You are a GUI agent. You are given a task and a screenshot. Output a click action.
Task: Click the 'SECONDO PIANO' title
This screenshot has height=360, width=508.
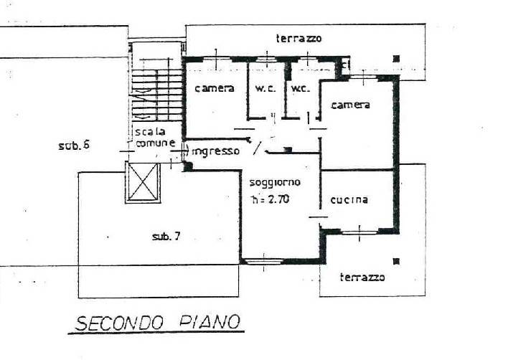click(x=158, y=323)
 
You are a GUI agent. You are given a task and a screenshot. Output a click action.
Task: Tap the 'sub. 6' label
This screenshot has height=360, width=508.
click(x=74, y=146)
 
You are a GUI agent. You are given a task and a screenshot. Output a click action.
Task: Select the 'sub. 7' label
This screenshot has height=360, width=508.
click(x=166, y=237)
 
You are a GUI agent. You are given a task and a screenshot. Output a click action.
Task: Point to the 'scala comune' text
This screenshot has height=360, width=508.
click(x=155, y=137)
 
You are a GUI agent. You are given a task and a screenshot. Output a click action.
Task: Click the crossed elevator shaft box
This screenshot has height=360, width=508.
click(x=143, y=183)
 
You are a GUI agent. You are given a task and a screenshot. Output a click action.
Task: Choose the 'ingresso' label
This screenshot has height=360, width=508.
click(x=216, y=151)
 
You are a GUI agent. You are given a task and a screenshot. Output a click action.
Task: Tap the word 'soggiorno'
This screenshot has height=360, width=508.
click(x=275, y=183)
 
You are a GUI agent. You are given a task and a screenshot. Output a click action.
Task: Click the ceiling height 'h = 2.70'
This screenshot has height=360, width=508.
click(x=271, y=199)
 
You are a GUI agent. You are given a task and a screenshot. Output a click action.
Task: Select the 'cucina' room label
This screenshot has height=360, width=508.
click(x=349, y=200)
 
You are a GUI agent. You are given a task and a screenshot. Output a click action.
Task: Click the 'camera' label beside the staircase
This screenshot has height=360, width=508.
click(x=215, y=88)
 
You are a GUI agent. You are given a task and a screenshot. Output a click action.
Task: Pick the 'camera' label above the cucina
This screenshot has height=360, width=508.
click(x=351, y=105)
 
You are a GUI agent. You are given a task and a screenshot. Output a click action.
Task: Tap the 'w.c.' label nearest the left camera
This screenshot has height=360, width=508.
click(x=265, y=88)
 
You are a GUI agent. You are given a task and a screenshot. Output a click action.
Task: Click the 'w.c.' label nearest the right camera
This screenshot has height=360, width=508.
click(x=301, y=88)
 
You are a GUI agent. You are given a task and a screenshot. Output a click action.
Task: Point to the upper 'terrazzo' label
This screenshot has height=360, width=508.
click(x=299, y=38)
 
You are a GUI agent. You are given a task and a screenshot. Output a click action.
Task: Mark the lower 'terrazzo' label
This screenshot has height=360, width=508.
click(x=362, y=277)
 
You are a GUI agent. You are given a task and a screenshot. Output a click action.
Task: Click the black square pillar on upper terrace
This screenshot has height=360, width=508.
click(x=396, y=59)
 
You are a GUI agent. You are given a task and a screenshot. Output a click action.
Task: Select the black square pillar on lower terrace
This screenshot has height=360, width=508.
click(x=396, y=261)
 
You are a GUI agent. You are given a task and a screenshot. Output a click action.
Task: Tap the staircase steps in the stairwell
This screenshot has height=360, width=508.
click(x=157, y=95)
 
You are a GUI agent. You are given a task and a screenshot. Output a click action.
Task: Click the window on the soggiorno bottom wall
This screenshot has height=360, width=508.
click(x=263, y=262)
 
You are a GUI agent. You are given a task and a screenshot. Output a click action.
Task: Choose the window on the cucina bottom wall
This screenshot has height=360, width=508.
click(x=359, y=232)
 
